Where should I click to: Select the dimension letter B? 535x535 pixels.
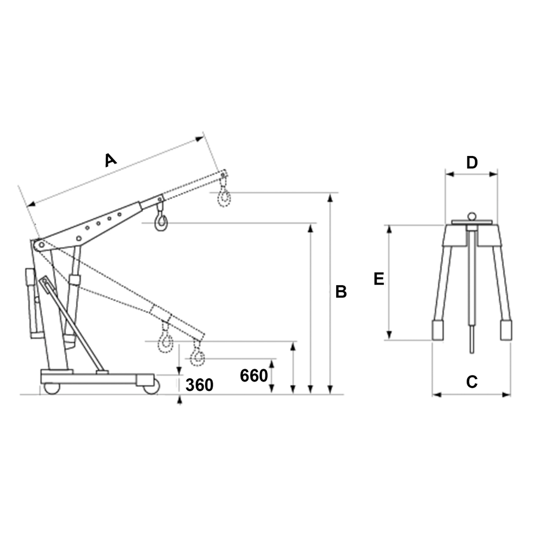(341, 292)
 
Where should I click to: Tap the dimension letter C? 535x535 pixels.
(472, 382)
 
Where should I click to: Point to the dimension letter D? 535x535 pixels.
(472, 163)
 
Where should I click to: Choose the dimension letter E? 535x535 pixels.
(379, 279)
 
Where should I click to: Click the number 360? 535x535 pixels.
(199, 385)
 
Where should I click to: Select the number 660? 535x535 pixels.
(254, 376)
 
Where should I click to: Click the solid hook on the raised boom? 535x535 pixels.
(161, 221)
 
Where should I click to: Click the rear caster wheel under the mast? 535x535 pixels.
(51, 388)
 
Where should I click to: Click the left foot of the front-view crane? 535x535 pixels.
(438, 331)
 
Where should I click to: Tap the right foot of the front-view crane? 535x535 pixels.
(506, 331)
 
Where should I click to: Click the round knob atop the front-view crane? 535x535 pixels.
(472, 216)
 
